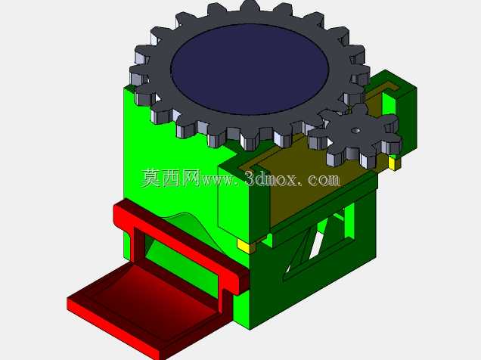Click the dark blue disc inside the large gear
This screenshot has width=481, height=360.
point(250,70)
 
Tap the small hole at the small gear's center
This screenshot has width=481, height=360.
point(355,130)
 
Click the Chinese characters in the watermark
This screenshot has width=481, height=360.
point(171,178)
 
